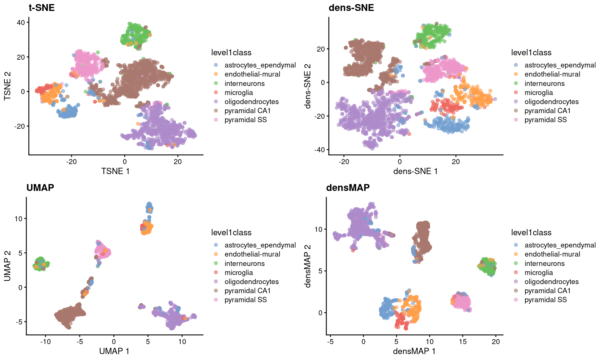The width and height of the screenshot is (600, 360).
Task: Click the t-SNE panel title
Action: click(x=42, y=7)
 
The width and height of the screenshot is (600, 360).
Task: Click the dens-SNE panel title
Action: click(x=351, y=7)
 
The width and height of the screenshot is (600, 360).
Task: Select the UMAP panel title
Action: click(x=40, y=187)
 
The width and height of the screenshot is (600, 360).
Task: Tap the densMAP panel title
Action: click(x=348, y=187)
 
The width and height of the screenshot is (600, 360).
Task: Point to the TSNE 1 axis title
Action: click(x=115, y=171)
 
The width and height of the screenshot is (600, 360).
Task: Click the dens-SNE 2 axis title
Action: click(x=308, y=86)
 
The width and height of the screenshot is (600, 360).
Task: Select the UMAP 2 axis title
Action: click(x=7, y=266)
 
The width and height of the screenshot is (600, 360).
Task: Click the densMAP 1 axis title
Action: click(x=414, y=351)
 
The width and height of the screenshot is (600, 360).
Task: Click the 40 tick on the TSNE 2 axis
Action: click(x=21, y=22)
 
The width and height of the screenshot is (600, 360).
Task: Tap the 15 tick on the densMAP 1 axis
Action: click(x=463, y=342)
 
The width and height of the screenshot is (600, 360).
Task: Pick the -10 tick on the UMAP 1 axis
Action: click(x=45, y=342)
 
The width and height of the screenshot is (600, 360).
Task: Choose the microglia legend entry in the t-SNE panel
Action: click(x=239, y=93)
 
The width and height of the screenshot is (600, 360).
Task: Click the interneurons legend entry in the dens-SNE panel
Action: click(x=544, y=84)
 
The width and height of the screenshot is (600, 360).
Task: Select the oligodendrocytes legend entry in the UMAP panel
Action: click(x=252, y=282)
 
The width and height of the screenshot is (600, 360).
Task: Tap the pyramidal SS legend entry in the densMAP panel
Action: click(x=545, y=300)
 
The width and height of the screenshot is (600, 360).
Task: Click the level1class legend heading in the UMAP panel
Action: click(x=231, y=232)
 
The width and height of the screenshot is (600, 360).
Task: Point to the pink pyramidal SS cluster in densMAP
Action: click(x=461, y=302)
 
